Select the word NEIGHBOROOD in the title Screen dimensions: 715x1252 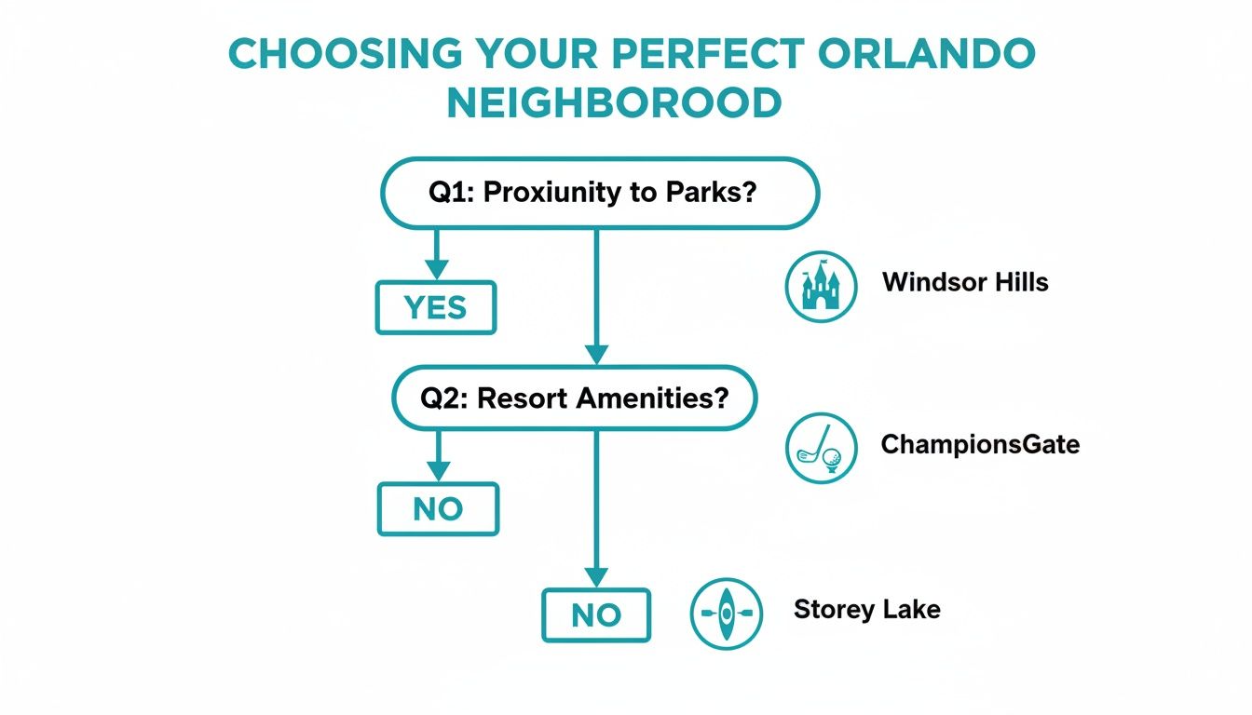614,103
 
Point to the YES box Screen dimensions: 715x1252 435,307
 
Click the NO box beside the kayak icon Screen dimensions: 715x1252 596,615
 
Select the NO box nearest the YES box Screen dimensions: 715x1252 438,509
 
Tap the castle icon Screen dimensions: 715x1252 821,286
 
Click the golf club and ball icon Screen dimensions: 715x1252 821,448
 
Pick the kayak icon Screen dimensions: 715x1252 726,614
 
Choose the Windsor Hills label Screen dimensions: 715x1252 965,282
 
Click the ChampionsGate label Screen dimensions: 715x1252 980,444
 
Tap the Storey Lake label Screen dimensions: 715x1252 866,611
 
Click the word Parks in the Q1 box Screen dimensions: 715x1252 710,193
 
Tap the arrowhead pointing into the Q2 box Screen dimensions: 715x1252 595,355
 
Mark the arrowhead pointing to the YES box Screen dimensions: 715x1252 435,271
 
